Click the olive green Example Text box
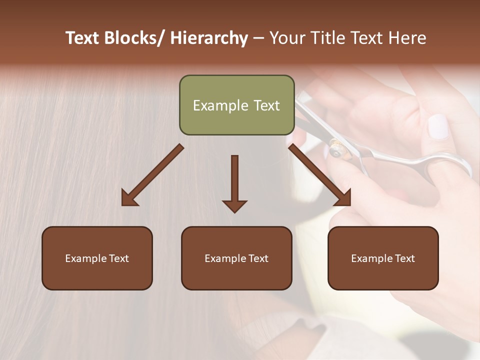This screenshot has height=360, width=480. coord(236,105)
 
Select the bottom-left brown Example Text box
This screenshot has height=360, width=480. coord(97,258)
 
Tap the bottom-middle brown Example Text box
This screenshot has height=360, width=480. coord(236,258)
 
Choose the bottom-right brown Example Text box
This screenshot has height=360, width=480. coord(383,258)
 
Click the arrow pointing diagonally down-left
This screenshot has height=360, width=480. coord(152,175)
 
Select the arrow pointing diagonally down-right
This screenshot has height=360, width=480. coord(320,175)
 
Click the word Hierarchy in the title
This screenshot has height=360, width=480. coord(209,38)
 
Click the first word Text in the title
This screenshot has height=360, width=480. coord(81,38)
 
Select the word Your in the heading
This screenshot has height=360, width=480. coord(286,38)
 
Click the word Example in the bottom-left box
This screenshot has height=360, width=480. coord(85,258)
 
